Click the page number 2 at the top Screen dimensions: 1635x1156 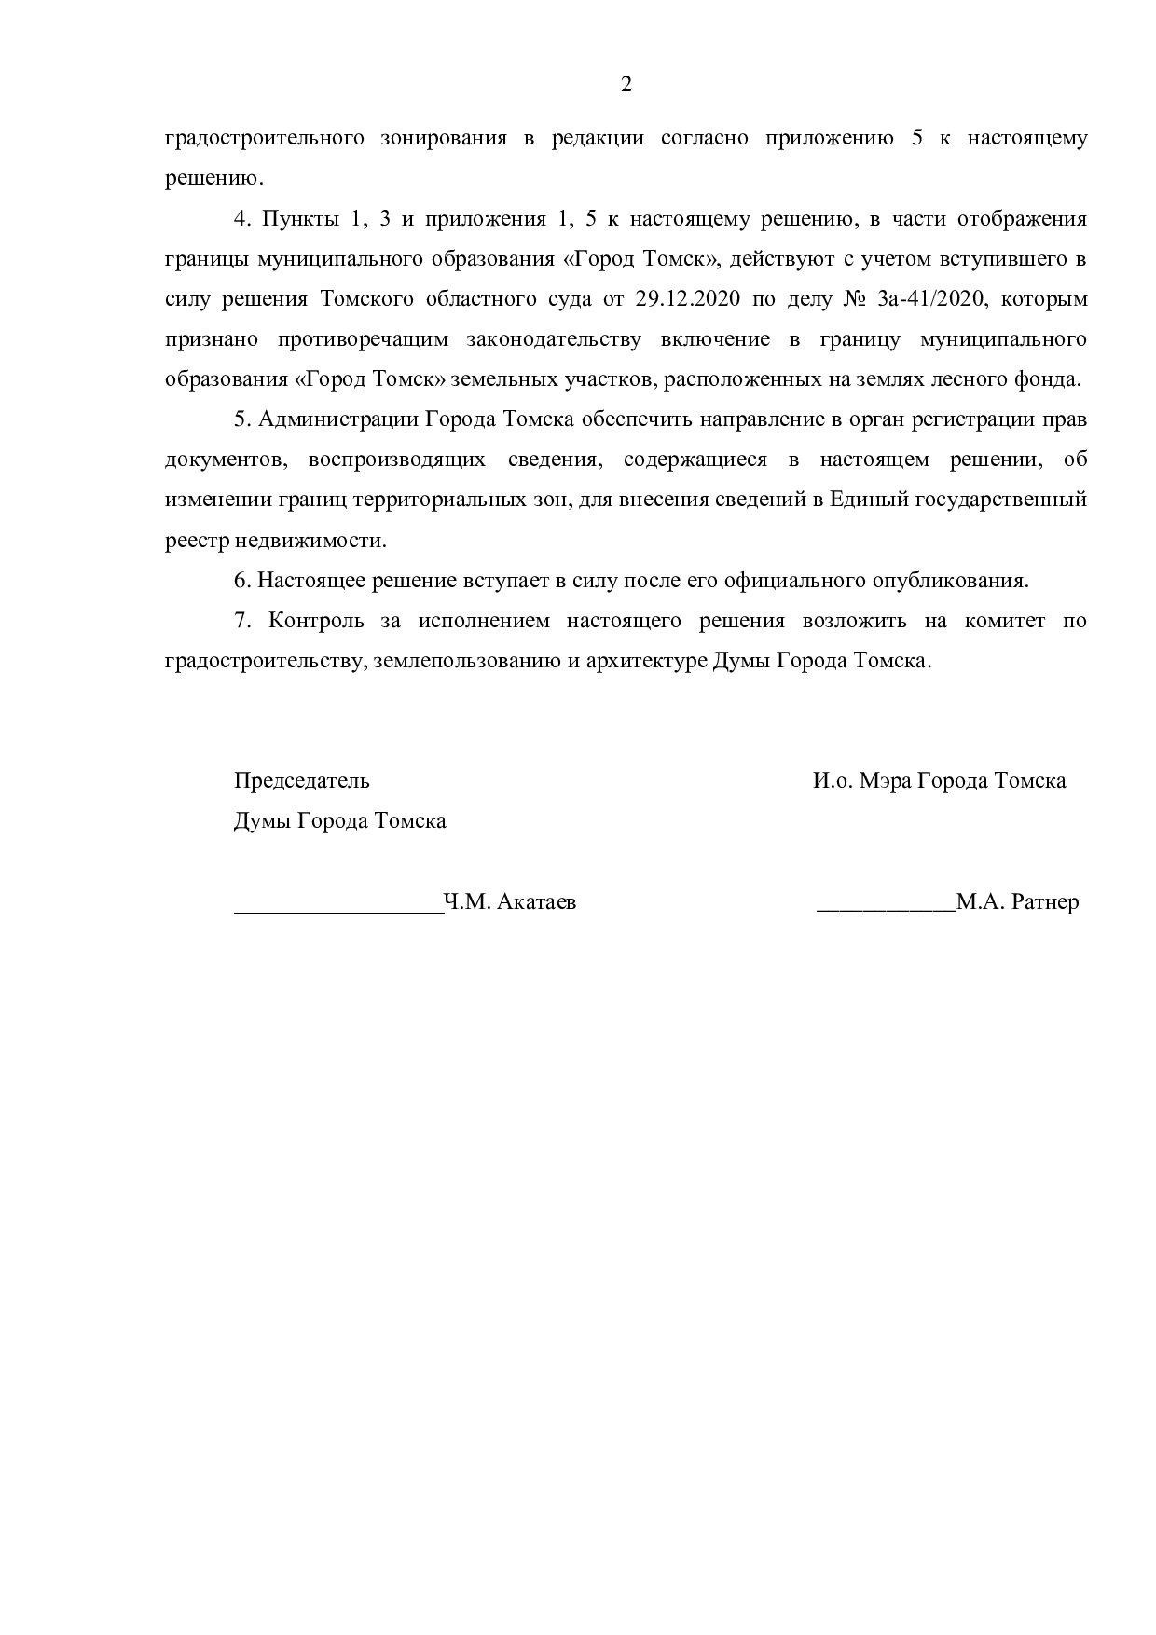pos(626,85)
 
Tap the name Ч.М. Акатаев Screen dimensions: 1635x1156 pos(510,902)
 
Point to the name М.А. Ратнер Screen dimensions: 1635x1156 pos(1018,902)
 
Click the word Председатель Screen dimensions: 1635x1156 pos(301,780)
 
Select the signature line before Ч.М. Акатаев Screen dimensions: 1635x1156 pos(338,906)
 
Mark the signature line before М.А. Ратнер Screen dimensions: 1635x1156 pos(886,906)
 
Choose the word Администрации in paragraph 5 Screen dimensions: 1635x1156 pos(338,419)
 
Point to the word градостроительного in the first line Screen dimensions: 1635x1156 pos(264,139)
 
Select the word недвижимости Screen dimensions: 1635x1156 pos(308,541)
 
